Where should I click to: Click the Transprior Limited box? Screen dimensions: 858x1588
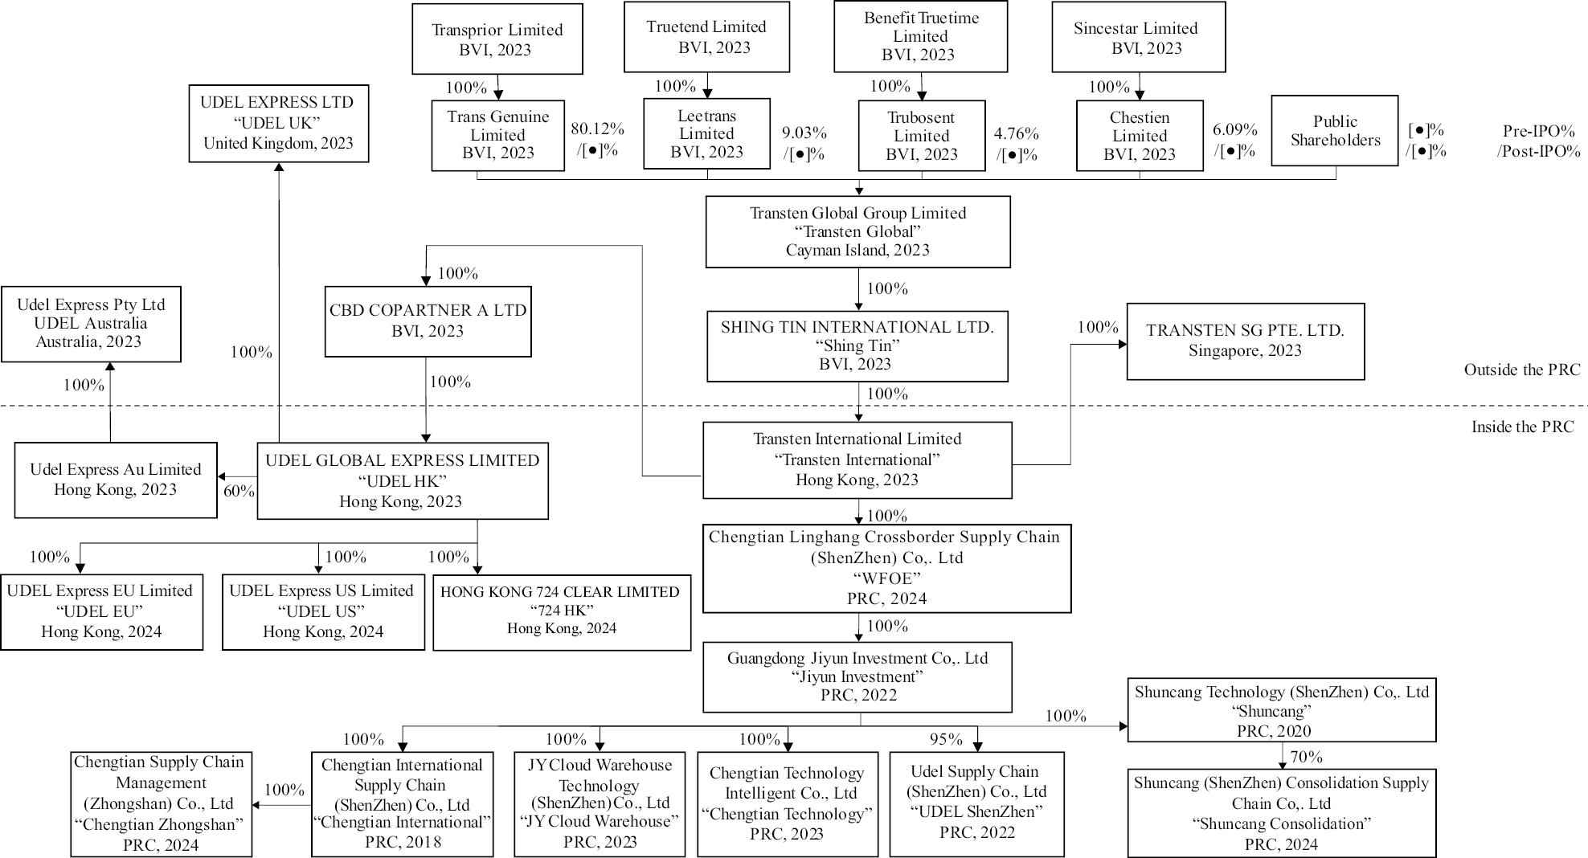click(497, 39)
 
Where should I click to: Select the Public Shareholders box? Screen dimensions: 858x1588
click(1334, 131)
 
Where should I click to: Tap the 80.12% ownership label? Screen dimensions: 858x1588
click(597, 129)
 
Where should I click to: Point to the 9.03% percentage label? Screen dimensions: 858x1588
click(804, 133)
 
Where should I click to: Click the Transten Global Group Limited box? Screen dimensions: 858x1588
click(857, 231)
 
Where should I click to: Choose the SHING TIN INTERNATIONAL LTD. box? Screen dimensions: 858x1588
click(857, 345)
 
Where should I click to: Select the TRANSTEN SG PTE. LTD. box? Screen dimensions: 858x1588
click(1245, 341)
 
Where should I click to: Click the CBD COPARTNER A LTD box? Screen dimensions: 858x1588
click(428, 321)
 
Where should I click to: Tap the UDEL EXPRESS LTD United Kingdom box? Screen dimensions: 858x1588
click(278, 123)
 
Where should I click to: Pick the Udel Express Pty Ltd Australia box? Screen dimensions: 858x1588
click(91, 324)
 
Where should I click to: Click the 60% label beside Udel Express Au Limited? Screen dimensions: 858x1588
click(239, 491)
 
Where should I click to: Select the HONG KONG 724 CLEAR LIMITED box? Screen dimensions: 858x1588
click(561, 611)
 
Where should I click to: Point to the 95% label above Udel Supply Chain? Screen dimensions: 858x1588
click(946, 739)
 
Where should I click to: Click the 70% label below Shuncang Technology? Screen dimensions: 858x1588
click(1306, 756)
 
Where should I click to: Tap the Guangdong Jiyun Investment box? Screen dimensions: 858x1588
click(857, 676)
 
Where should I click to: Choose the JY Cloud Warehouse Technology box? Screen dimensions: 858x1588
click(600, 803)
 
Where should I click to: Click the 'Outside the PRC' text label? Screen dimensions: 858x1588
click(1521, 370)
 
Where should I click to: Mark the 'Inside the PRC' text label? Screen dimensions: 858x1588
click(1522, 427)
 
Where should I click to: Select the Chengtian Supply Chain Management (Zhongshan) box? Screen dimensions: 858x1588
click(161, 803)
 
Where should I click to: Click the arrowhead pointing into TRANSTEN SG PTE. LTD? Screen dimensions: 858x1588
click(1122, 344)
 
